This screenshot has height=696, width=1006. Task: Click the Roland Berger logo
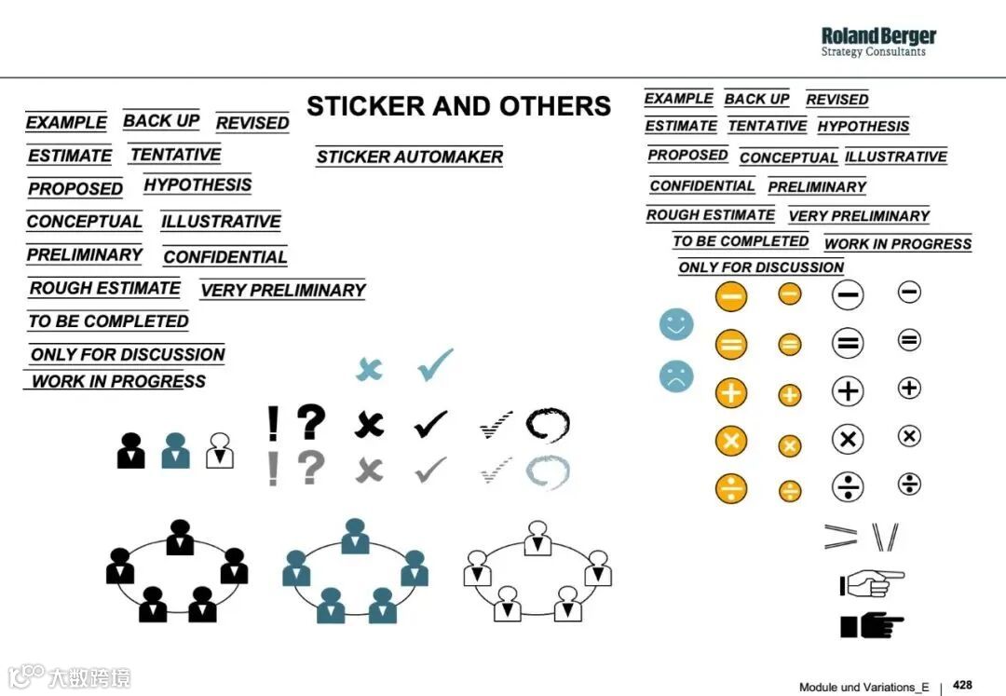pos(878,37)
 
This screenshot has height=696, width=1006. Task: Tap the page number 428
pos(962,685)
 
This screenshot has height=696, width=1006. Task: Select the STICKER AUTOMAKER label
pos(409,157)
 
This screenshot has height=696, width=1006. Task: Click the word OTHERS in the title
pos(555,106)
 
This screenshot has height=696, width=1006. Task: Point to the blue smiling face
pos(676,324)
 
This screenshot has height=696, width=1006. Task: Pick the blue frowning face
pos(676,376)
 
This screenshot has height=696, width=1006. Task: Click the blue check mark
pos(435,365)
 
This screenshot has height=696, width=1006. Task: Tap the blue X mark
pos(370,369)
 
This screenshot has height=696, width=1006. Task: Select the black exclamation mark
pos(273,423)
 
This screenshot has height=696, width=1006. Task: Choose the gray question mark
pos(311,468)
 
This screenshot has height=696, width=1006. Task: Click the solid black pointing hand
pos(872,625)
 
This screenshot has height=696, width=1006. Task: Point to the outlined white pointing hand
pos(872,584)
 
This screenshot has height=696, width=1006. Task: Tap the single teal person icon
pos(175,450)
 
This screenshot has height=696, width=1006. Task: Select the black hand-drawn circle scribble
pos(547,425)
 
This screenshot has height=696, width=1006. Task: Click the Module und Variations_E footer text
pos(863,687)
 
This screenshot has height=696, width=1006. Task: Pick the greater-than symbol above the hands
pos(840,536)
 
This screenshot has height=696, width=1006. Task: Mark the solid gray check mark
pos(430,469)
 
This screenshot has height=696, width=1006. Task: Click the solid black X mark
pos(370,425)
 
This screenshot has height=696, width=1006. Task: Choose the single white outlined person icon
pos(220,450)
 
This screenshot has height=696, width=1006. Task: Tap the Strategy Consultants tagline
pos(873,52)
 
